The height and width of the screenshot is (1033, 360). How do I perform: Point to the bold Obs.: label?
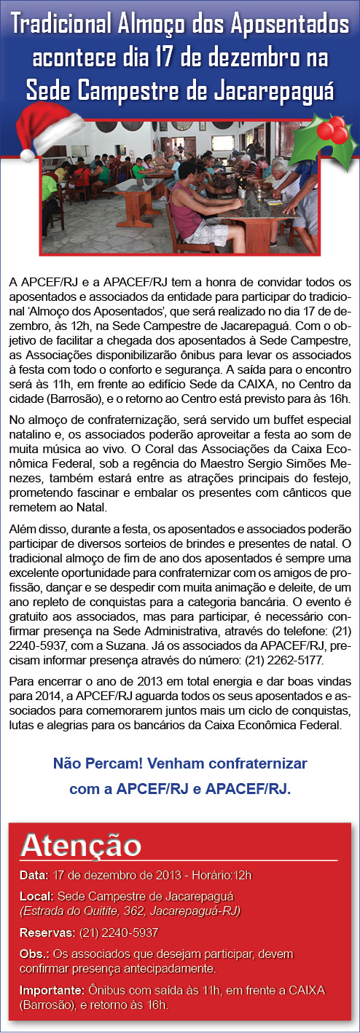tap(34, 954)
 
